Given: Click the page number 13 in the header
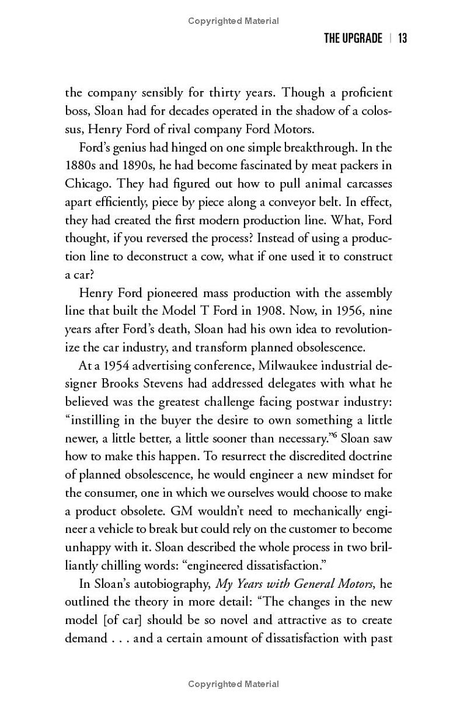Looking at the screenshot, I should click(402, 39).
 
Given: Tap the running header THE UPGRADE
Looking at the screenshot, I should click(353, 39).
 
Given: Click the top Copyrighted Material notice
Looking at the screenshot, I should click(233, 21).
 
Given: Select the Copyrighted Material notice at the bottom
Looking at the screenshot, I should click(233, 684).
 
